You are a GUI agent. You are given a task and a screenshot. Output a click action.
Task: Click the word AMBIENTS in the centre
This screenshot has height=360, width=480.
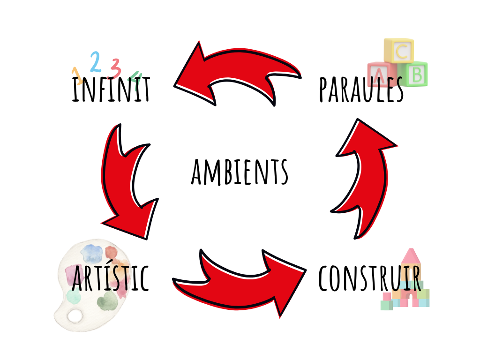click(240, 172)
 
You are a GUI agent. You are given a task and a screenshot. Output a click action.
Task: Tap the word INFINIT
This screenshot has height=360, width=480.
click(111, 90)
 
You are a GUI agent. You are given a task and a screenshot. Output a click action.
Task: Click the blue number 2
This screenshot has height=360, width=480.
click(95, 61)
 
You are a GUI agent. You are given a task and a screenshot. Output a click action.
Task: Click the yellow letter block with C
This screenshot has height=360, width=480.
click(399, 51)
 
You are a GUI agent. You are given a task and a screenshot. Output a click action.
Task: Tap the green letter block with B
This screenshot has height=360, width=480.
click(416, 74)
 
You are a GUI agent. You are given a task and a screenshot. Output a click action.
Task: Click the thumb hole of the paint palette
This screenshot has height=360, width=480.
click(75, 316)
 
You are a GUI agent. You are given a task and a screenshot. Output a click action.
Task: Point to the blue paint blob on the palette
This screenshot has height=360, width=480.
click(91, 254)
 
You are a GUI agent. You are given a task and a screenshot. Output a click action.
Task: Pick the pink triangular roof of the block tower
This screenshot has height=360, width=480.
click(411, 256)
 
